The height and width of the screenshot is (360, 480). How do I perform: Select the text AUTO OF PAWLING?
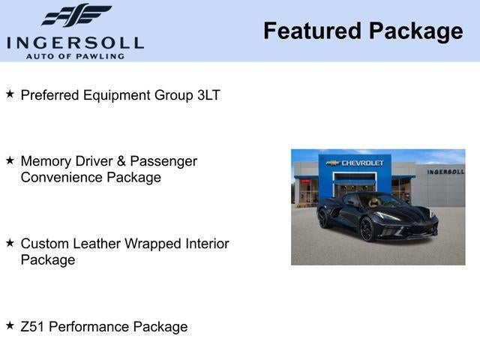[75, 55]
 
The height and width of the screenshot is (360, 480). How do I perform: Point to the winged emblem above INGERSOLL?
[76, 15]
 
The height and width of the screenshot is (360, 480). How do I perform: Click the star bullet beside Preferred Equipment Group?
[10, 94]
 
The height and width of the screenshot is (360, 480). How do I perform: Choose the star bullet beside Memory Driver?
[10, 160]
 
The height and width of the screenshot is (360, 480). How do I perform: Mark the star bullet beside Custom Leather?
[10, 243]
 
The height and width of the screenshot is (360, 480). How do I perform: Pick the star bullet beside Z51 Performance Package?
[10, 325]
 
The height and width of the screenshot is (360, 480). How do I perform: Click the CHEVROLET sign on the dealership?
[362, 163]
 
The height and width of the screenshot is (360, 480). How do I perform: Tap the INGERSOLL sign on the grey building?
[445, 172]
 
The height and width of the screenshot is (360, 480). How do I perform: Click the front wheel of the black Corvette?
[367, 229]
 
